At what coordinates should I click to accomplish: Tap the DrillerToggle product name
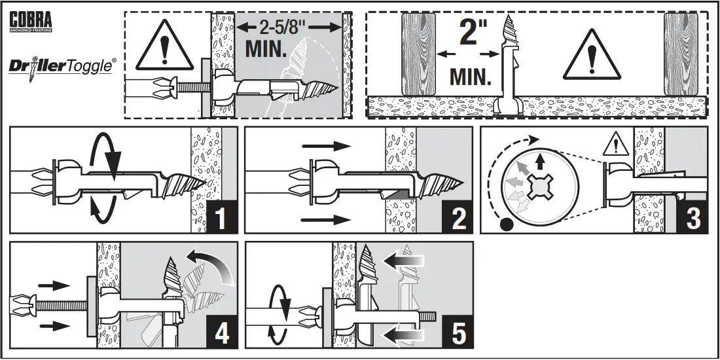pyautogui.click(x=63, y=66)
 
